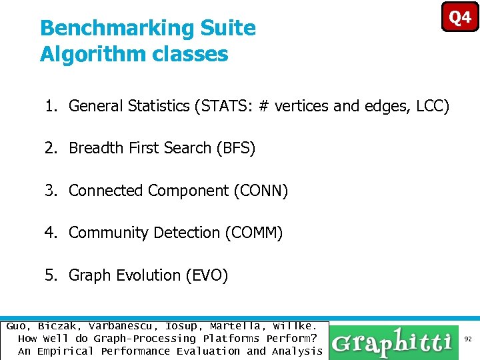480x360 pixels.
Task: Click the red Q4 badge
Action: pos(460,17)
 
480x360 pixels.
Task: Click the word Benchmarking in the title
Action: pos(115,28)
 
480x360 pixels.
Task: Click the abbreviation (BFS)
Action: pos(236,148)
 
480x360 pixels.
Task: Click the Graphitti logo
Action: pos(393,343)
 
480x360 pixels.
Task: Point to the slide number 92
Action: pos(469,339)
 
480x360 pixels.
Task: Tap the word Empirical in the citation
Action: pos(67,351)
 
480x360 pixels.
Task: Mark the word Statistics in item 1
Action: pos(160,105)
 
